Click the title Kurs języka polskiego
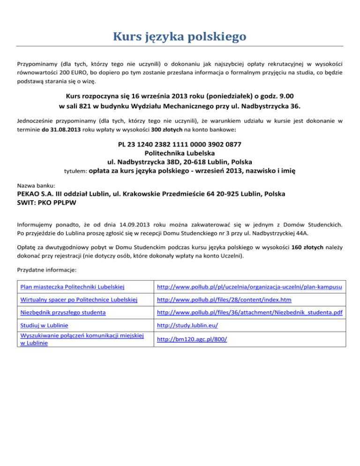pos(180,36)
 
